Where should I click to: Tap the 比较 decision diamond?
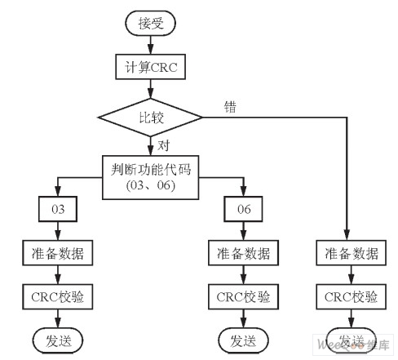point(151,117)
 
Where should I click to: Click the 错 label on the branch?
point(230,105)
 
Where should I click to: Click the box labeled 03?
point(58,210)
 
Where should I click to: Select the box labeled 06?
point(242,210)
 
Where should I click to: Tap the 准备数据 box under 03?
point(58,253)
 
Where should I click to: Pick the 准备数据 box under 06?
point(243,253)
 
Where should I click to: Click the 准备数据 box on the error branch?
point(348,253)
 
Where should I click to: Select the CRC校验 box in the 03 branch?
point(58,295)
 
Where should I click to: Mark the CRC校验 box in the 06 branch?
point(243,295)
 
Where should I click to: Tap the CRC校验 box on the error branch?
point(348,295)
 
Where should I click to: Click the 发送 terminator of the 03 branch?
point(58,338)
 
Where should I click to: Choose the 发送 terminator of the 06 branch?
point(243,338)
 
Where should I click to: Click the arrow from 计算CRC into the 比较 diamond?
point(151,90)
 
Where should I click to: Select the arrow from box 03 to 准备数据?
point(58,231)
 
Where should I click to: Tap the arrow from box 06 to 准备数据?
point(243,231)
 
